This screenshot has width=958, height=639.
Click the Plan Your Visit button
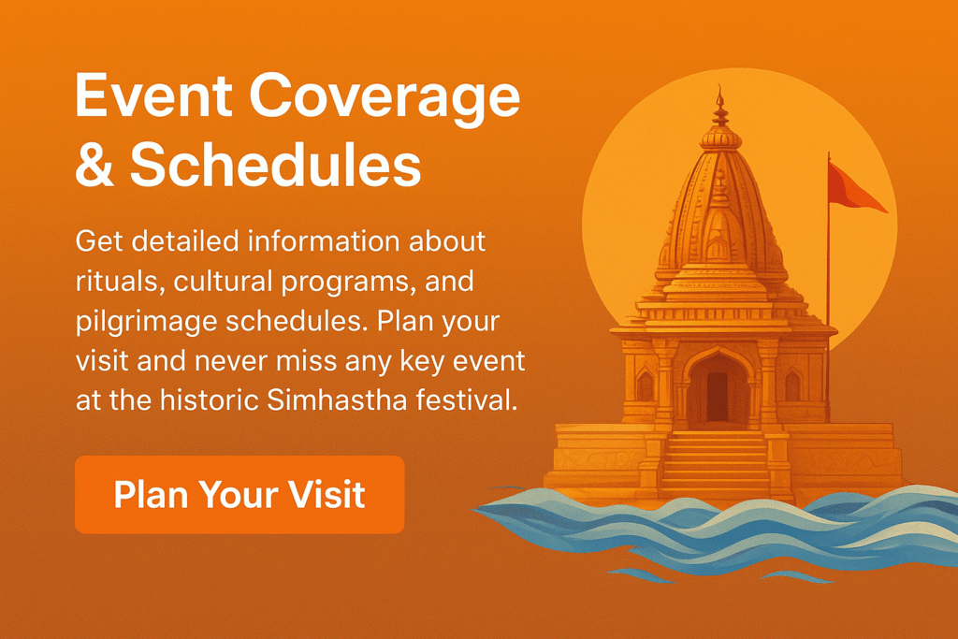click(x=239, y=494)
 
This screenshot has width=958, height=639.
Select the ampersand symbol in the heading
click(x=94, y=165)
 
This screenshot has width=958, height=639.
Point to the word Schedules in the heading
click(x=276, y=164)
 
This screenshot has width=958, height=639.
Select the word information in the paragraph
click(x=323, y=241)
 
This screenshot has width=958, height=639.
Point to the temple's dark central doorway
click(x=718, y=395)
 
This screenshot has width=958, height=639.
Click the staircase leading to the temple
click(x=715, y=464)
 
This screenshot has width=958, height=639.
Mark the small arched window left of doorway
click(x=646, y=386)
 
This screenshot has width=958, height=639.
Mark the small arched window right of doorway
click(x=792, y=386)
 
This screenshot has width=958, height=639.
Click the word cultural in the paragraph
click(x=223, y=282)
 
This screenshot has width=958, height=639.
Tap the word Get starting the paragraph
click(x=98, y=241)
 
